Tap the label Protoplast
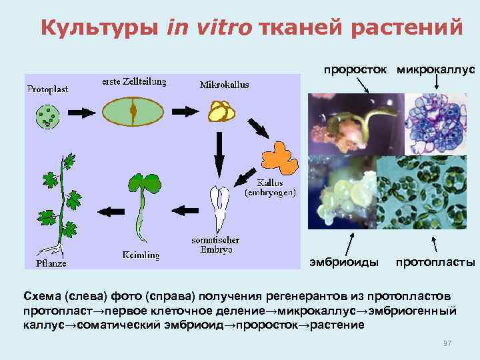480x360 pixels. point(48,88)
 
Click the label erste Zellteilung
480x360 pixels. point(134,82)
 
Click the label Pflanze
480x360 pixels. point(51,262)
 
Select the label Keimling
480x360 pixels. point(141,254)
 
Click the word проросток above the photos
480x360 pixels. point(357,69)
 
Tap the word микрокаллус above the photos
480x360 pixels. point(436,69)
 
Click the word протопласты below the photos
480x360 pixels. point(435,262)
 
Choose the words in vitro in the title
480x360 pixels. point(201,28)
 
